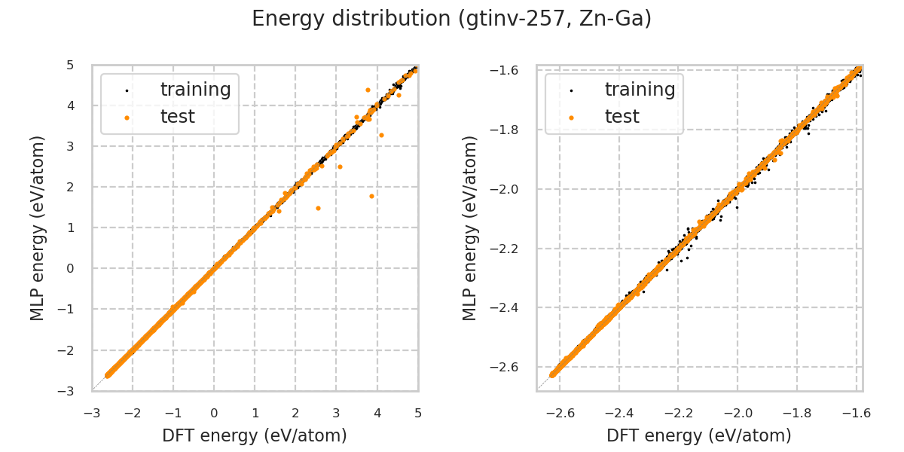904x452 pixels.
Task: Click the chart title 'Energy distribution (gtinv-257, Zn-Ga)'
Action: (451, 19)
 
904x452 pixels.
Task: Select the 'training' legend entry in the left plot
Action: (195, 90)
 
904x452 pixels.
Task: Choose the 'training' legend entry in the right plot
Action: (640, 90)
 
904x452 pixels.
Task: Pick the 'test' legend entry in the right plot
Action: (621, 117)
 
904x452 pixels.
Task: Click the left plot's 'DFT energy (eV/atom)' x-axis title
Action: (255, 435)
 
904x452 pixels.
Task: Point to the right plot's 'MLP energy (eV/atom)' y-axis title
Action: (470, 228)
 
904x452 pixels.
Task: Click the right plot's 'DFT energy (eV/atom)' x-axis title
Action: (699, 435)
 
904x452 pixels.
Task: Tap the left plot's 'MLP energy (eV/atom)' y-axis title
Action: (38, 228)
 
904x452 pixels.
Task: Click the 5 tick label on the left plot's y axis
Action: (70, 65)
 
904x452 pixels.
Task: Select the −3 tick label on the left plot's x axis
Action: (92, 413)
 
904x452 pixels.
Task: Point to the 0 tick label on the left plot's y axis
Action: (70, 268)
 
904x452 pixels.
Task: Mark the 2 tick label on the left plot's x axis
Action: (295, 413)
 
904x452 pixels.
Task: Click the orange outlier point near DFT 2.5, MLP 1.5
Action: (318, 208)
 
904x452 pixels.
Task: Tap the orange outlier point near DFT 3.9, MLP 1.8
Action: (371, 196)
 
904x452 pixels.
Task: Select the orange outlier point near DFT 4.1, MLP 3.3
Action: (381, 135)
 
